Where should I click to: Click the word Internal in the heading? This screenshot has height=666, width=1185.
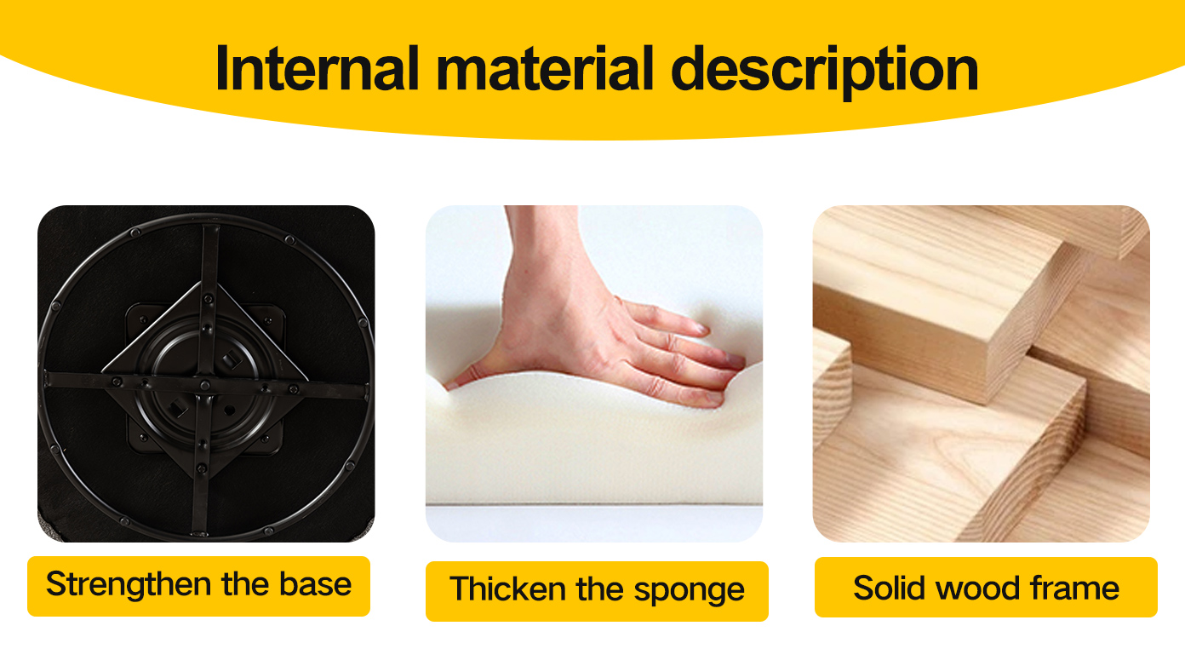point(318,69)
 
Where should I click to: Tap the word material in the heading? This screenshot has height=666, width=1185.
point(545,69)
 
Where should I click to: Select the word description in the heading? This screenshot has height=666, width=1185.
point(825,72)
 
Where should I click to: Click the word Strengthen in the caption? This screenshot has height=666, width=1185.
point(129,585)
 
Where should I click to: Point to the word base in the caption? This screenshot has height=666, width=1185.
point(315,584)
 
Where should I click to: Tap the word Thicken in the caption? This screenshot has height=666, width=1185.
point(508,588)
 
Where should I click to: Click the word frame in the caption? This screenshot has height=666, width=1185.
point(1074,588)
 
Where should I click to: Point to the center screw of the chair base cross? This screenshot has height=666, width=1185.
point(205,385)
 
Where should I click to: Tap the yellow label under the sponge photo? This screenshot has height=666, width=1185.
point(597,591)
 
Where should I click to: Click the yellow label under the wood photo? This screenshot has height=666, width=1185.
point(986,587)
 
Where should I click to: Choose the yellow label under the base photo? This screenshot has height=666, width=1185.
point(198,586)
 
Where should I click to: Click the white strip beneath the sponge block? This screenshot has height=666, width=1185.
point(593,523)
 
